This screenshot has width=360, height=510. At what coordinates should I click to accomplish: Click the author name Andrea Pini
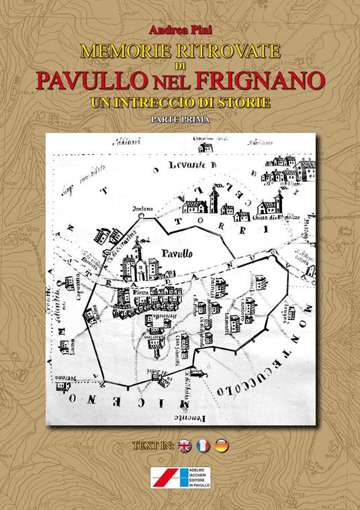(x=179, y=29)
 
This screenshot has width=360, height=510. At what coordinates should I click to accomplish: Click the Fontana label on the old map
(x=141, y=209)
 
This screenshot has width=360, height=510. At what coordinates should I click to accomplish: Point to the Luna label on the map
(x=71, y=341)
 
